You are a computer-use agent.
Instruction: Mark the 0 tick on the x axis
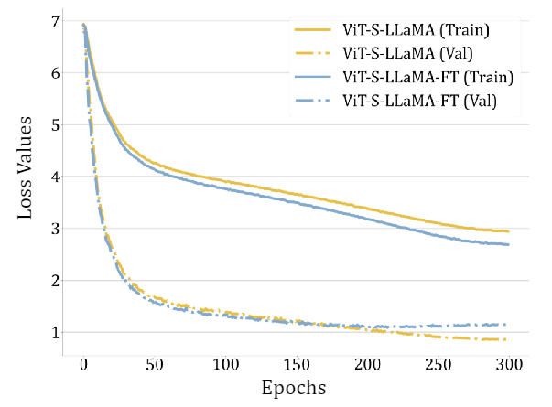click(83, 362)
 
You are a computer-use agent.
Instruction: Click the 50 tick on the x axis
click(154, 362)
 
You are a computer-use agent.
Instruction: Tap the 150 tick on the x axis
click(296, 362)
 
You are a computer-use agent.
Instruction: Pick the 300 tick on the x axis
click(508, 362)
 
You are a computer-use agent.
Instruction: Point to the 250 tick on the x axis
click(438, 362)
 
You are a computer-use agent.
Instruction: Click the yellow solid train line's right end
click(508, 231)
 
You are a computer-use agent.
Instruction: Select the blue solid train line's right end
click(508, 244)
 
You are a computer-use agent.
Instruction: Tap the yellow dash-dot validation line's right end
click(508, 339)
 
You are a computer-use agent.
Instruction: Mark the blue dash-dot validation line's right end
click(508, 324)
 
